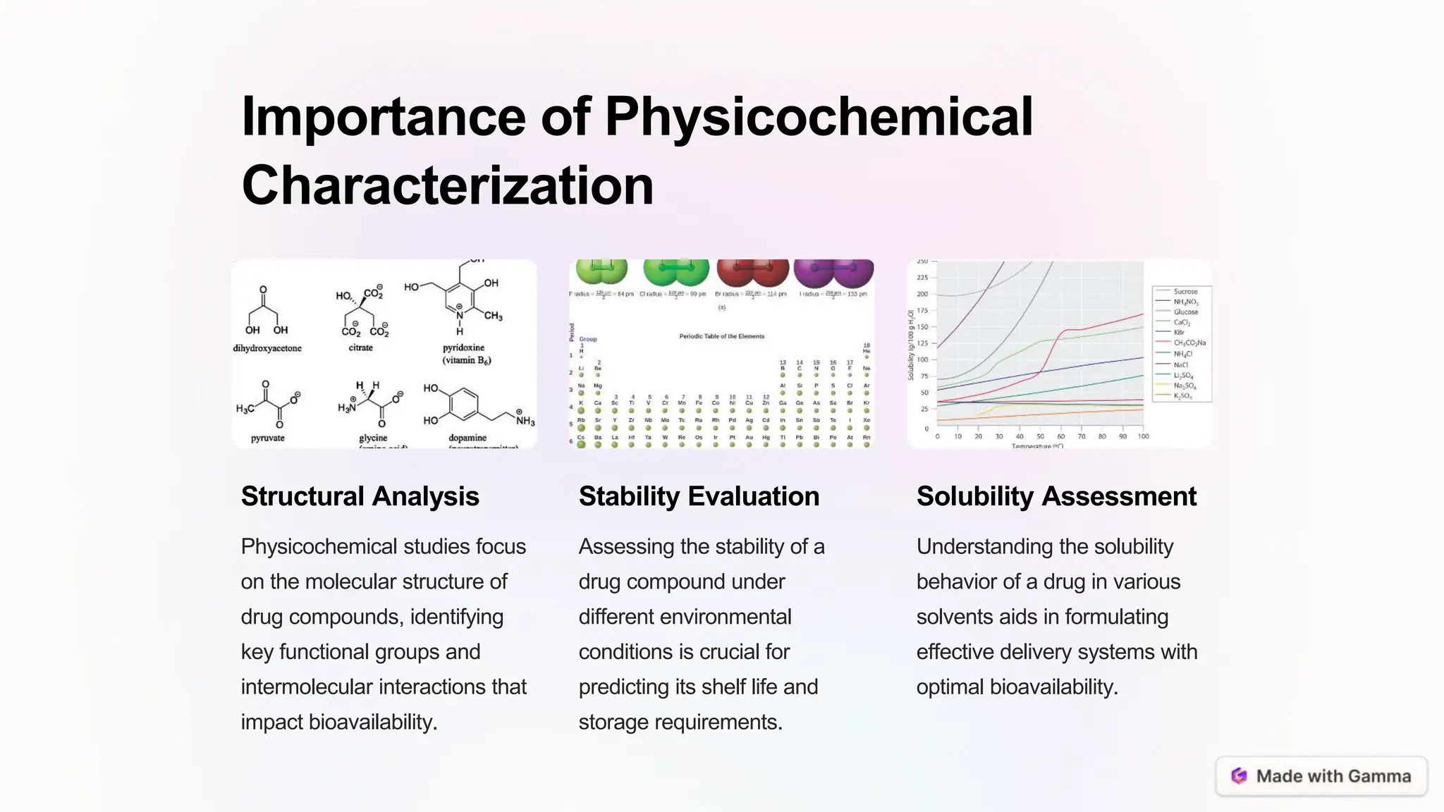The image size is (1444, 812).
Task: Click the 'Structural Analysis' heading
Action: (360, 496)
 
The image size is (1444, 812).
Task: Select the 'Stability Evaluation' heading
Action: (699, 496)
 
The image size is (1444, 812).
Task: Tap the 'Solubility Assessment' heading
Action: (1056, 496)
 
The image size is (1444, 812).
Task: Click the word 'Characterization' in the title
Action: (448, 185)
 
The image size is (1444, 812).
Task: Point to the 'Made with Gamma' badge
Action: (1321, 776)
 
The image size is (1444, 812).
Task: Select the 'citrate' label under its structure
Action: (360, 347)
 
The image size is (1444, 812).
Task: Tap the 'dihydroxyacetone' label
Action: (267, 348)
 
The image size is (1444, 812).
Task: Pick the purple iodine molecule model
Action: (833, 271)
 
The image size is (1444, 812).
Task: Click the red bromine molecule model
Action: (752, 271)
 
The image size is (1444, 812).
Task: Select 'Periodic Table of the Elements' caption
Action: (721, 336)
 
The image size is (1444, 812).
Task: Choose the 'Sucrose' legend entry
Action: (1185, 291)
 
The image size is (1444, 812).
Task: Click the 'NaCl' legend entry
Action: (1180, 365)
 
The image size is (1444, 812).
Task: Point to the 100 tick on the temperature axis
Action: (1143, 436)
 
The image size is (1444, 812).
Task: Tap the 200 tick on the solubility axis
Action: (922, 294)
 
